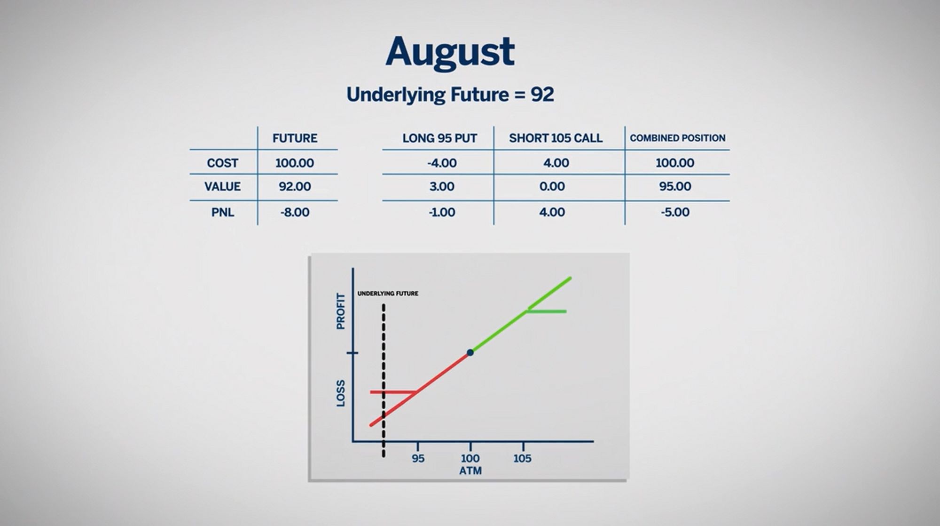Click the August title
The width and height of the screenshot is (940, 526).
point(450,53)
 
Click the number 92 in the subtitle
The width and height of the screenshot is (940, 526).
point(542,95)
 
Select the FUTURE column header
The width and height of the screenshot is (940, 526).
point(295,138)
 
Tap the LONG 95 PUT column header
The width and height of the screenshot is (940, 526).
point(439,138)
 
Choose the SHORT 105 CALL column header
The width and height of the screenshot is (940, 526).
point(556,138)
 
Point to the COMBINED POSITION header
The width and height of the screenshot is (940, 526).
point(677,138)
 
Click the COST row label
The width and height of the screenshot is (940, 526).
point(222,163)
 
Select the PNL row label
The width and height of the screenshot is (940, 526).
point(222,213)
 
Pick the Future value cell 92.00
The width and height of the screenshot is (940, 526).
point(295,187)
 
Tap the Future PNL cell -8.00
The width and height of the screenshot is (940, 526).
point(295,213)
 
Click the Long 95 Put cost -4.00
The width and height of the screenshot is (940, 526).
point(442,163)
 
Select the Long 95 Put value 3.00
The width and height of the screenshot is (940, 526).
point(442,187)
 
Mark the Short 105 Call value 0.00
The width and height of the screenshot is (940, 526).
point(552,187)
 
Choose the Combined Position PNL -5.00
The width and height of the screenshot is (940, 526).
point(675,212)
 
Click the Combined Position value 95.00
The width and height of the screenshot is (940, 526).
point(675,187)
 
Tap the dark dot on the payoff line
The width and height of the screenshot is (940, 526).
point(470,352)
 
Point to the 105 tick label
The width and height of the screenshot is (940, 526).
point(522,458)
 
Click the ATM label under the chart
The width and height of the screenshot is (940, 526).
point(470,471)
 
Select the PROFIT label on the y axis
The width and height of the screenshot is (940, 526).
point(341,311)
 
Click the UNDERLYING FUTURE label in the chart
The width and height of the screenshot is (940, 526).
point(388,294)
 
